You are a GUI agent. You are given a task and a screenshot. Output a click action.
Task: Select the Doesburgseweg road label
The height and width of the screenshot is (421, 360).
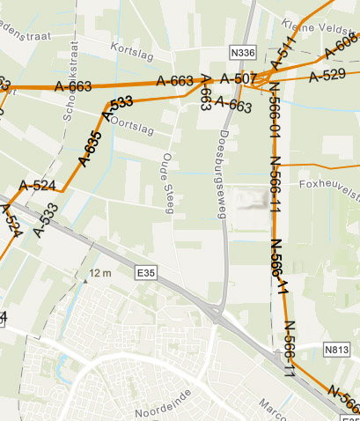[x=222, y=167]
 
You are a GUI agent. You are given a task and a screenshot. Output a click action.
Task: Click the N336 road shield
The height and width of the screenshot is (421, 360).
[x=241, y=53]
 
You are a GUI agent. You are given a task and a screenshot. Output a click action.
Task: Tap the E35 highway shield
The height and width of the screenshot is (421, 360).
[x=145, y=275]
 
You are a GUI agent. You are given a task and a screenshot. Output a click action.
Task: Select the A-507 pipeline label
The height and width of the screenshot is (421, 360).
[x=238, y=79]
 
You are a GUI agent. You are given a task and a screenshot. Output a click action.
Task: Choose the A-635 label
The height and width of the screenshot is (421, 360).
[x=91, y=148]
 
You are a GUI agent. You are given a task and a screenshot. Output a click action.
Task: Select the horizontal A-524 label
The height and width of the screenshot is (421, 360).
[x=38, y=186]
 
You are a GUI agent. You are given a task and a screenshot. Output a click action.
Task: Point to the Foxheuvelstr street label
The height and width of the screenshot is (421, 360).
[x=329, y=187]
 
